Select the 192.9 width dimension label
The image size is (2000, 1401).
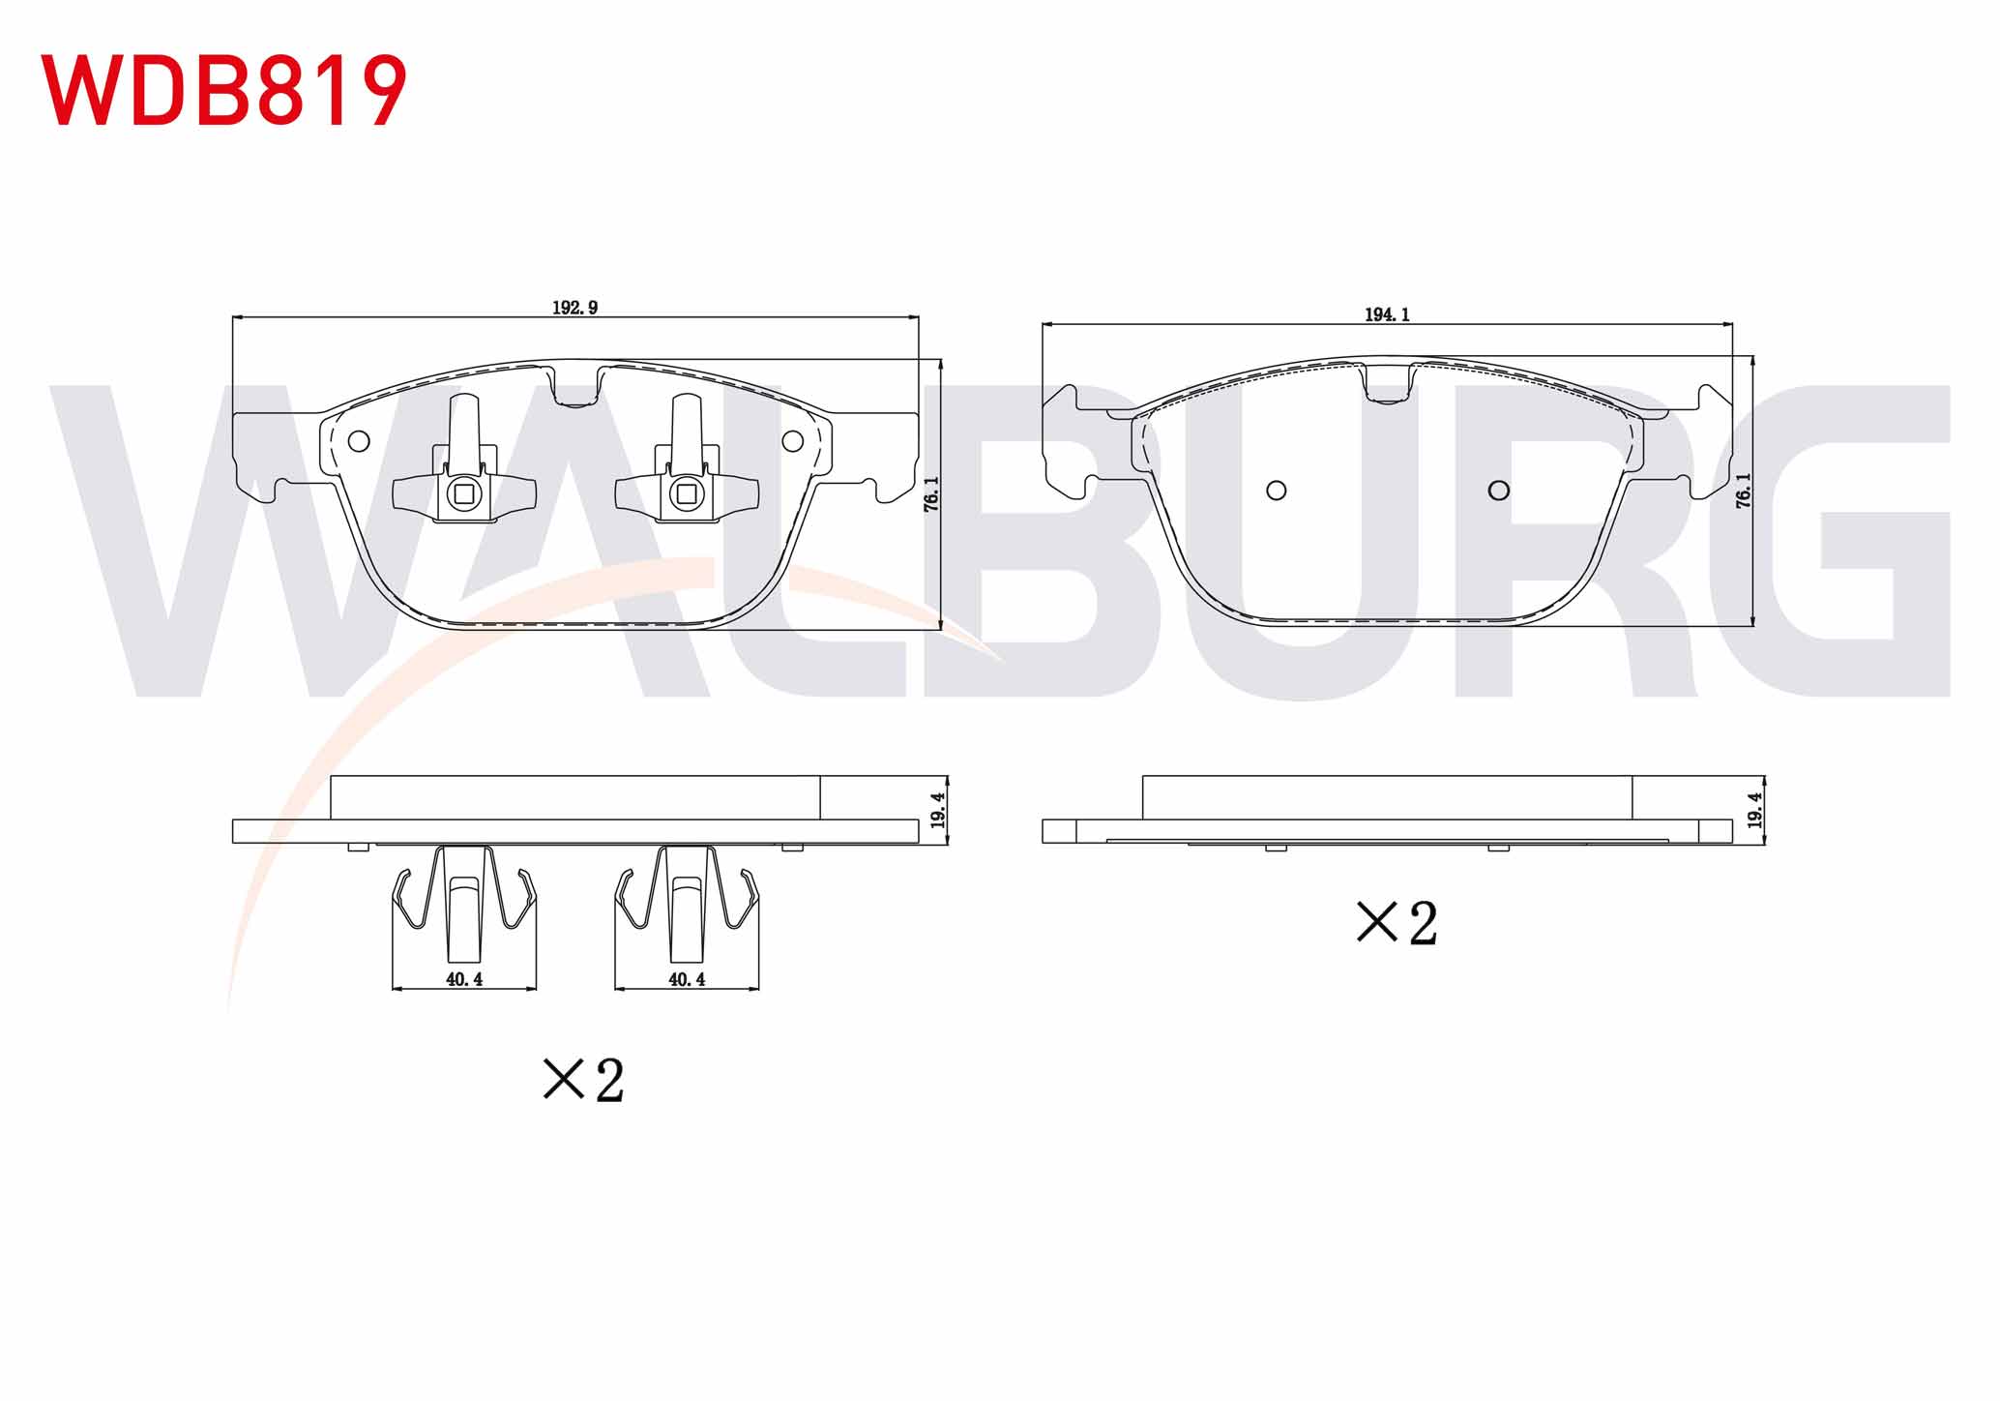coord(575,308)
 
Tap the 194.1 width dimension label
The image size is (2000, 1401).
coord(1387,314)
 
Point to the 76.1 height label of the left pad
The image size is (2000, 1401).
coord(931,493)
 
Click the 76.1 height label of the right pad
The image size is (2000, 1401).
coord(1744,491)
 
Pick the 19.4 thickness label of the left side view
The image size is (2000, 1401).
coord(937,810)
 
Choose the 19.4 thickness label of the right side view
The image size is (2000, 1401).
coord(1755,810)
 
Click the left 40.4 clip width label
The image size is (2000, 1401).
coord(464,979)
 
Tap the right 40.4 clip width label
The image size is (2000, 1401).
coord(687,979)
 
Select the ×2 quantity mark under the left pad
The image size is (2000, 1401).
coord(584,1080)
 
